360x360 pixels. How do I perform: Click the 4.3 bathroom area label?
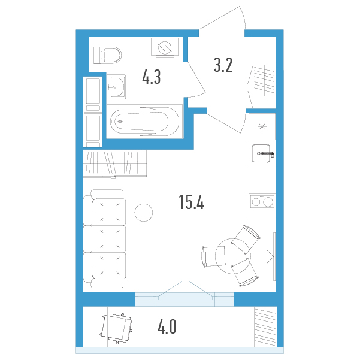pos(152,77)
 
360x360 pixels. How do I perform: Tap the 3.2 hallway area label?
pos(223,65)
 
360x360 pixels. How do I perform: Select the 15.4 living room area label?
pos(191,202)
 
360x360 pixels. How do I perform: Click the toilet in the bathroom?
pos(107,55)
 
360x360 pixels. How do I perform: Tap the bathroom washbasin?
pos(116,87)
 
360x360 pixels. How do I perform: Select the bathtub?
pos(144,121)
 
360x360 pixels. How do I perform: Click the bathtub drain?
pos(120,121)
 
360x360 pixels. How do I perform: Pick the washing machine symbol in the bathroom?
pos(165,47)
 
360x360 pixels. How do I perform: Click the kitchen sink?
pos(261,153)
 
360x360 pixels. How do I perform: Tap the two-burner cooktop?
pos(262,202)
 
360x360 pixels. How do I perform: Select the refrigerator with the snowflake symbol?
pos(262,126)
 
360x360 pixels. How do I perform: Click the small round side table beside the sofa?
pos(144,213)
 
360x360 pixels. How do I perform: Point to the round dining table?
pos(233,256)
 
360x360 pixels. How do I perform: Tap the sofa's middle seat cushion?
pos(109,239)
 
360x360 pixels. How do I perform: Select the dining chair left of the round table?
pos(214,257)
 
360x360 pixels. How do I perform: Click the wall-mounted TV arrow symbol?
pos(271,256)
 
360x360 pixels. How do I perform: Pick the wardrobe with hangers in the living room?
pos(115,164)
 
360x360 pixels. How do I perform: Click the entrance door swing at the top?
pos(222,18)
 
